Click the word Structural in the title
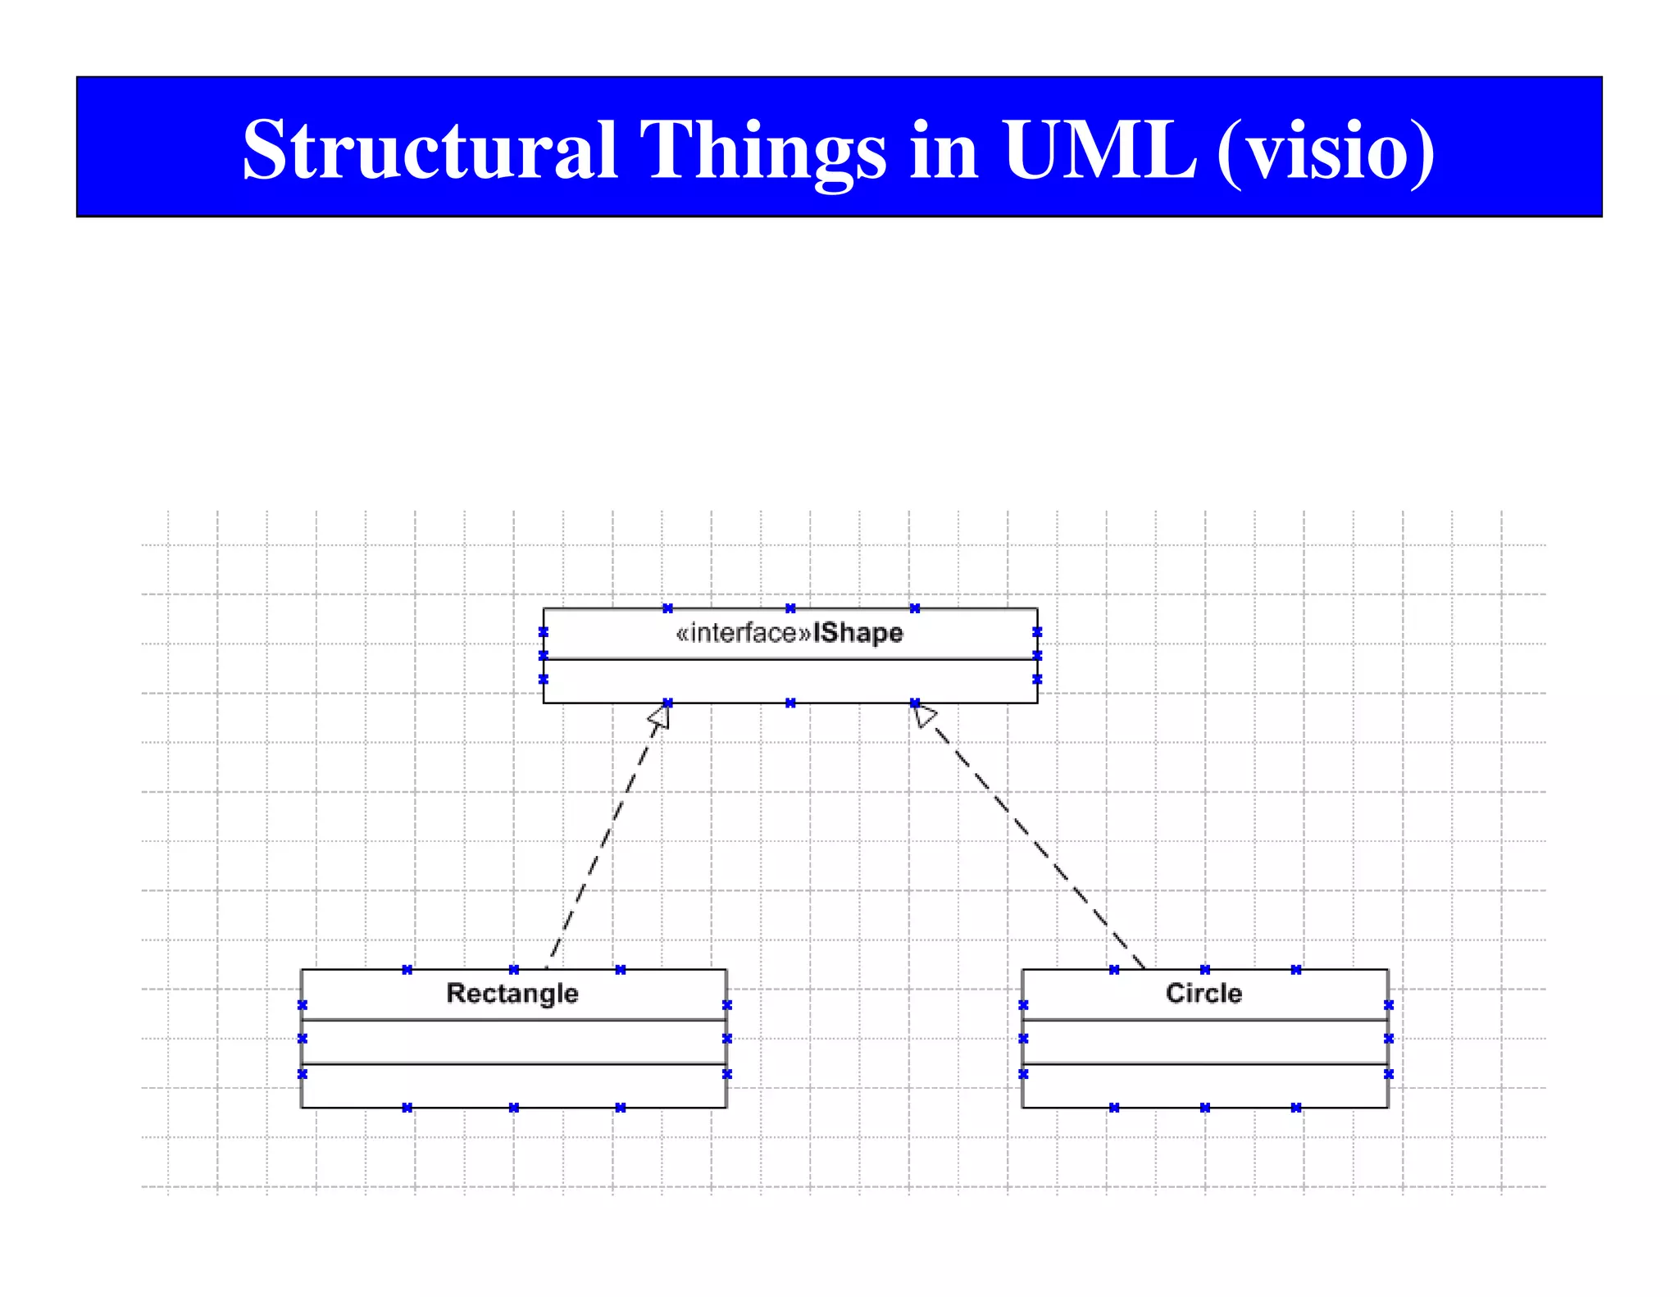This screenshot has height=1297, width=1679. [x=430, y=150]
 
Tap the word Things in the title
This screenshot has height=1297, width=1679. [x=762, y=150]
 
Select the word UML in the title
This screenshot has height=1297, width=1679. [x=1099, y=150]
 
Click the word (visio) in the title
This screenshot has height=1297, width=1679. [x=1326, y=150]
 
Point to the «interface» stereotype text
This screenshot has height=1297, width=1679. [x=743, y=633]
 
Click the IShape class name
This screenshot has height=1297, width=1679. [x=858, y=633]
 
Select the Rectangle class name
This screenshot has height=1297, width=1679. [x=512, y=993]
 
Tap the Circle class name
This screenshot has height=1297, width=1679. [x=1204, y=993]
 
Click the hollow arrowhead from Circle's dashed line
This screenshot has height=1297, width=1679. [x=923, y=715]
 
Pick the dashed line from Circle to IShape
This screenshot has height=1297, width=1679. [x=1033, y=840]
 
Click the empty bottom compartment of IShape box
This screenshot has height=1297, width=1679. [x=789, y=681]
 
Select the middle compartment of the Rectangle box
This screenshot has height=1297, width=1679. [x=513, y=1042]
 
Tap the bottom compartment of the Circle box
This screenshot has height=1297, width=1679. [x=1204, y=1086]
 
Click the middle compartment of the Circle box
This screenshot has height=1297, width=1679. [x=1204, y=1042]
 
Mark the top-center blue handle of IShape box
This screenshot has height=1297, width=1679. [x=790, y=608]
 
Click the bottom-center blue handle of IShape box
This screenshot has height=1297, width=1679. [x=790, y=703]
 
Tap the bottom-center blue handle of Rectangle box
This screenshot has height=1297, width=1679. [x=514, y=1108]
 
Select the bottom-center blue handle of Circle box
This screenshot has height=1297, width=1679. [x=1204, y=1108]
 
